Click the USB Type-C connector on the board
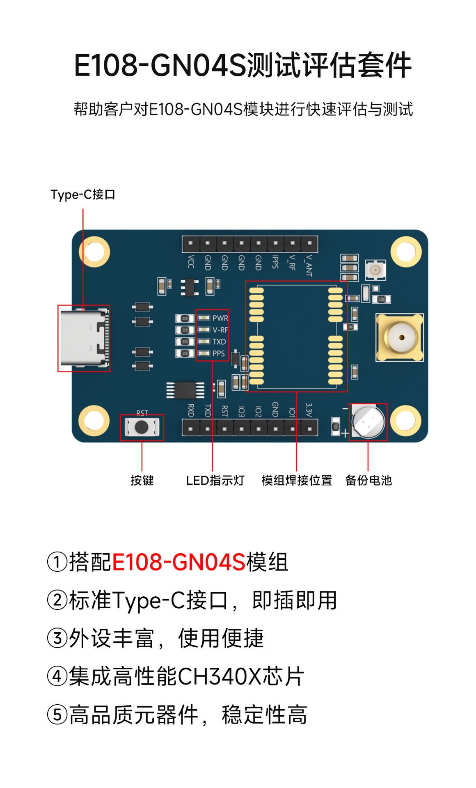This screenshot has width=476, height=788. coord(85,338)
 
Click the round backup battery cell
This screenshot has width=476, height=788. coord(368,421)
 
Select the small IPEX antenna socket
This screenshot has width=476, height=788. coord(375,270)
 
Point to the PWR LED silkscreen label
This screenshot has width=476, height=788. coord(220,318)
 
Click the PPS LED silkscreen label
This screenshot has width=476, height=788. coord(219,353)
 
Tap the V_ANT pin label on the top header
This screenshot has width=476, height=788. coord(309,265)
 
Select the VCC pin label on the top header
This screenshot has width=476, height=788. coord(191,261)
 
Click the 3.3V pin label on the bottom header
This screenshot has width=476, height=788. coord(309,410)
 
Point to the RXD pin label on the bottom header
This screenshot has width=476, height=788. coord(191,410)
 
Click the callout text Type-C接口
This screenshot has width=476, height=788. coord(83,195)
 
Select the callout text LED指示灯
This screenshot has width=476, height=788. coord(215,480)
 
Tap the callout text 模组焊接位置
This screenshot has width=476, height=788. coord(297,480)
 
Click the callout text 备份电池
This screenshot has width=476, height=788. coord(368,480)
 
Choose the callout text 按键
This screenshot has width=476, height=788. coord(142,480)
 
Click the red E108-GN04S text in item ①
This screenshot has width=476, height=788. coord(178,562)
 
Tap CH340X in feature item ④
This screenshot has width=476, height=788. coord(219,676)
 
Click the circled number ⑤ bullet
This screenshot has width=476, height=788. coord(57,715)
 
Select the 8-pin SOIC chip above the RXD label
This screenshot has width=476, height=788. coord(185,390)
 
